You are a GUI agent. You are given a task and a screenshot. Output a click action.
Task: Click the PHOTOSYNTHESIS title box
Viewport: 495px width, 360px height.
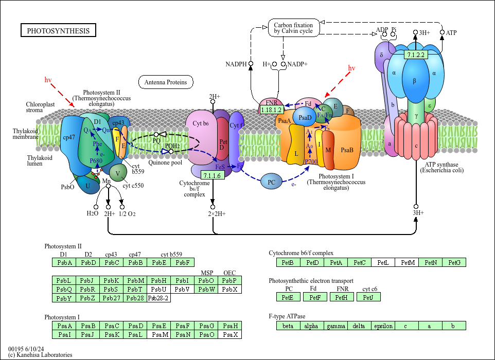click(58, 31)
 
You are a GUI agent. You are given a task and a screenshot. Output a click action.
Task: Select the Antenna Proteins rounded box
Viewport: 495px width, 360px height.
click(165, 82)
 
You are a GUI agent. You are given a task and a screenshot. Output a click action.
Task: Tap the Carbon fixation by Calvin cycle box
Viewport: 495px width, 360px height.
click(293, 28)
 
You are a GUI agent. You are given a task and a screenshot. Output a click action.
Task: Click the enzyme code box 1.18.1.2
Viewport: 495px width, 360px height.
click(271, 110)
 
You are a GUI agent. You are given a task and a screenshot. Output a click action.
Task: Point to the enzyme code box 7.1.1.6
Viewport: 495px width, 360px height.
click(212, 175)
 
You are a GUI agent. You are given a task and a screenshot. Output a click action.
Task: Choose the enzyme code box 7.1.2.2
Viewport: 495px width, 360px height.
click(415, 55)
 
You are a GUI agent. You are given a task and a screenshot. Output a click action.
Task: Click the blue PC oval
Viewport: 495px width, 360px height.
click(271, 182)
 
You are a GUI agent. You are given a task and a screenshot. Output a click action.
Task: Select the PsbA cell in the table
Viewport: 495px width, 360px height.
click(64, 263)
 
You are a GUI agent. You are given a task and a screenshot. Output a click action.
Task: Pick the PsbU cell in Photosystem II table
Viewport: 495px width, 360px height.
click(159, 289)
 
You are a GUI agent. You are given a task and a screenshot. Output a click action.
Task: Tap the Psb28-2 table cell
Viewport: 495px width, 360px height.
click(159, 298)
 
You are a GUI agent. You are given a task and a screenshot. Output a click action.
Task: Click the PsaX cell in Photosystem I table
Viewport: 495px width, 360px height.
click(229, 335)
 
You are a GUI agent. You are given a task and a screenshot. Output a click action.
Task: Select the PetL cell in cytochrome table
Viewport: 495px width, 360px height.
click(382, 263)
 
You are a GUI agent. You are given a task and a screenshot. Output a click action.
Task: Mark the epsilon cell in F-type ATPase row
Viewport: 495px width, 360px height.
click(382, 326)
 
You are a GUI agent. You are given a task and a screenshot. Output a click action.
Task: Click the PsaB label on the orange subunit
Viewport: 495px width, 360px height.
click(347, 151)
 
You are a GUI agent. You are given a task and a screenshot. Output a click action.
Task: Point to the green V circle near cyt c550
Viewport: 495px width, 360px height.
click(118, 173)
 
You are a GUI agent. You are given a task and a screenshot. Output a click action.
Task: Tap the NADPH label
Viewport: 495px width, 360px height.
click(236, 64)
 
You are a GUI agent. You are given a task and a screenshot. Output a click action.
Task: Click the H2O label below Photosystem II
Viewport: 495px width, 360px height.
click(93, 213)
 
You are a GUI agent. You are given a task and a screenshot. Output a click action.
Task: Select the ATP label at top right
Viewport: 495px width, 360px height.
click(451, 33)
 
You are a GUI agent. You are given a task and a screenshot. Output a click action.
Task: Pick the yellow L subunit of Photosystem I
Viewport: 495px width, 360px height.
click(296, 153)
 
